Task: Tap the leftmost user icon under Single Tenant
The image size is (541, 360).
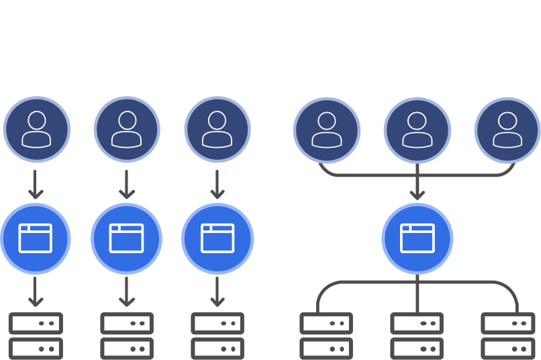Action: (36, 129)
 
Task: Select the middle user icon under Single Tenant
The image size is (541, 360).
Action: (127, 129)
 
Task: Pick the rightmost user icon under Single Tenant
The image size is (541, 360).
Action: (217, 129)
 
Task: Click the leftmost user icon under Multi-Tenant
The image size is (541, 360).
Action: (326, 129)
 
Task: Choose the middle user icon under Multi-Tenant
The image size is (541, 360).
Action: (417, 129)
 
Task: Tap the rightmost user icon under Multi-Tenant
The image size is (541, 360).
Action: (507, 129)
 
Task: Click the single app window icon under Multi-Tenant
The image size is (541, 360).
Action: (417, 238)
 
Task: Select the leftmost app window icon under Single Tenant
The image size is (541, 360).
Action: (36, 238)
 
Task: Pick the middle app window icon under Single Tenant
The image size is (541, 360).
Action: (126, 238)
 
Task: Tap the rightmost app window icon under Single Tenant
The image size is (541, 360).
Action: (217, 238)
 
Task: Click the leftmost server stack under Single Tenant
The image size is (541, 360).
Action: (36, 336)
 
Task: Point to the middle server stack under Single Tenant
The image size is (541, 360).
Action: (126, 336)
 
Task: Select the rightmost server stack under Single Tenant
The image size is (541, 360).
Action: (217, 336)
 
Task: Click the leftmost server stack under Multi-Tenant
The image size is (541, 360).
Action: (326, 336)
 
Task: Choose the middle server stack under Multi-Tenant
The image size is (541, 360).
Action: (417, 336)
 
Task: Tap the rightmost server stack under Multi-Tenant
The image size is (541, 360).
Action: (507, 336)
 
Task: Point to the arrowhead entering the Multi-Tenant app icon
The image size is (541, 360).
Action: (417, 195)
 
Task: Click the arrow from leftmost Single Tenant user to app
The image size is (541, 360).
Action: (36, 184)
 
